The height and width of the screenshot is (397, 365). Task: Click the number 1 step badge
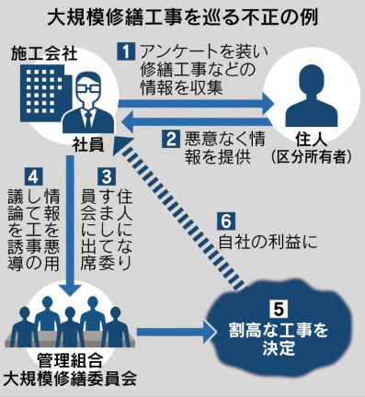[x=126, y=51]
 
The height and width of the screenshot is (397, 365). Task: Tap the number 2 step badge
[x=171, y=140]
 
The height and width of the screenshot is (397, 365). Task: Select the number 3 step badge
[x=107, y=176]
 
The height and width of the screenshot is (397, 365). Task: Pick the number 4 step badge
[x=33, y=176]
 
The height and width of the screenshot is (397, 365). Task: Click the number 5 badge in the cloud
[x=278, y=310]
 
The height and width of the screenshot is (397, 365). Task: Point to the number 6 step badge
[x=226, y=221]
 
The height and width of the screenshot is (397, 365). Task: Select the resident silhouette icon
[x=311, y=96]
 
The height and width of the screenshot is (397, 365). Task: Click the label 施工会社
[x=44, y=54]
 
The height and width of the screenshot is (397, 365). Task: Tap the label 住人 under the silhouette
[x=311, y=141]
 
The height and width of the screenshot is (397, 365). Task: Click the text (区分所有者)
[x=312, y=157]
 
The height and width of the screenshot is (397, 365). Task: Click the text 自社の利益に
[x=268, y=243]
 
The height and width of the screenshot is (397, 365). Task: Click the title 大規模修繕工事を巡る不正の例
[x=183, y=19]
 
